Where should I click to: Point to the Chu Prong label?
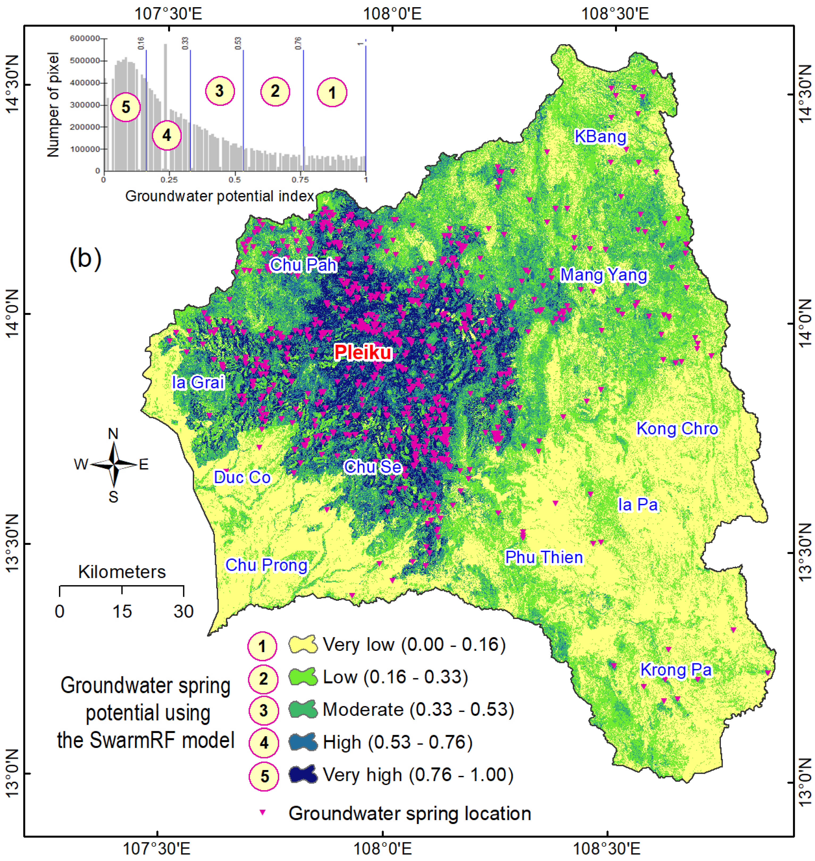pyautogui.click(x=266, y=565)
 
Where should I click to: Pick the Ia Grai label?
pyautogui.click(x=198, y=382)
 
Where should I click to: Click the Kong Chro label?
pyautogui.click(x=677, y=429)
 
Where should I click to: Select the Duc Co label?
pyautogui.click(x=242, y=477)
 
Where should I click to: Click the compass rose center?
pyautogui.click(x=114, y=465)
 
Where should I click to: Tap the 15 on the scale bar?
pyautogui.click(x=122, y=611)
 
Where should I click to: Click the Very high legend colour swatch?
pyautogui.click(x=303, y=775)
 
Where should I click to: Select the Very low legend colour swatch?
pyautogui.click(x=303, y=645)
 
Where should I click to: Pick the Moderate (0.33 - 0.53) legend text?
pyautogui.click(x=418, y=710)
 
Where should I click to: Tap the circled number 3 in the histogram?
pyautogui.click(x=220, y=91)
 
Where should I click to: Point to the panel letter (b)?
pyautogui.click(x=86, y=258)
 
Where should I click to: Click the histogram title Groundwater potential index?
pyautogui.click(x=219, y=196)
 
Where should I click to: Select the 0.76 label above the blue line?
pyautogui.click(x=298, y=43)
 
